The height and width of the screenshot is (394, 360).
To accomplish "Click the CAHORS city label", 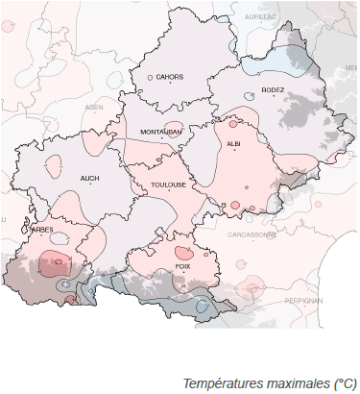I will point(171,76).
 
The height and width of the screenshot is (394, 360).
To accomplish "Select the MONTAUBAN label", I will point(160,131).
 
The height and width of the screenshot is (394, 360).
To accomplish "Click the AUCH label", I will point(90,178).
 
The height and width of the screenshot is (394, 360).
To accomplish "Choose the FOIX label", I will point(183,264).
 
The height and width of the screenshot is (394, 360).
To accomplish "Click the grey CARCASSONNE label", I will point(252,234).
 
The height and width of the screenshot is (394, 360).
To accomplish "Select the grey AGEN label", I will point(94,107).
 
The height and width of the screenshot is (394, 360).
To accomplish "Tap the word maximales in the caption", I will point(296,382).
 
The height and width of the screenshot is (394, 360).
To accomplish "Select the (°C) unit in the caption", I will point(343,382).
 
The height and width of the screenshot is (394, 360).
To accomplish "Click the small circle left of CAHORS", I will point(151,76).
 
